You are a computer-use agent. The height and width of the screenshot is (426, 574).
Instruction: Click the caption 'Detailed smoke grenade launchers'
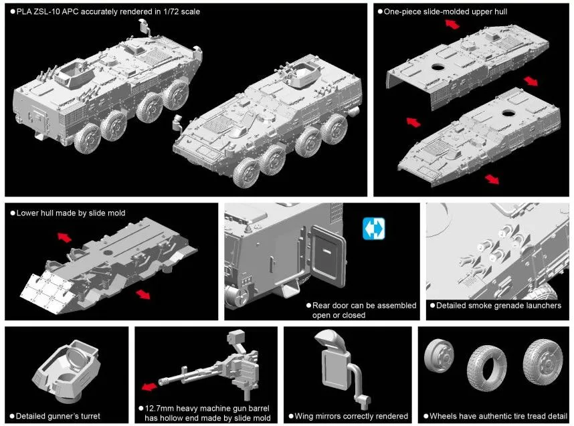(x=498, y=306)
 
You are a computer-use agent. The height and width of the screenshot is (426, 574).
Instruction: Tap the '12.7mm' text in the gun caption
(x=161, y=408)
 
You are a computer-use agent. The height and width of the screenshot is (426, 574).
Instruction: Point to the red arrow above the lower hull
(x=64, y=238)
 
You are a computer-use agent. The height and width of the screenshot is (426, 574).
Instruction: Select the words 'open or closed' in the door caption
(x=339, y=315)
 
